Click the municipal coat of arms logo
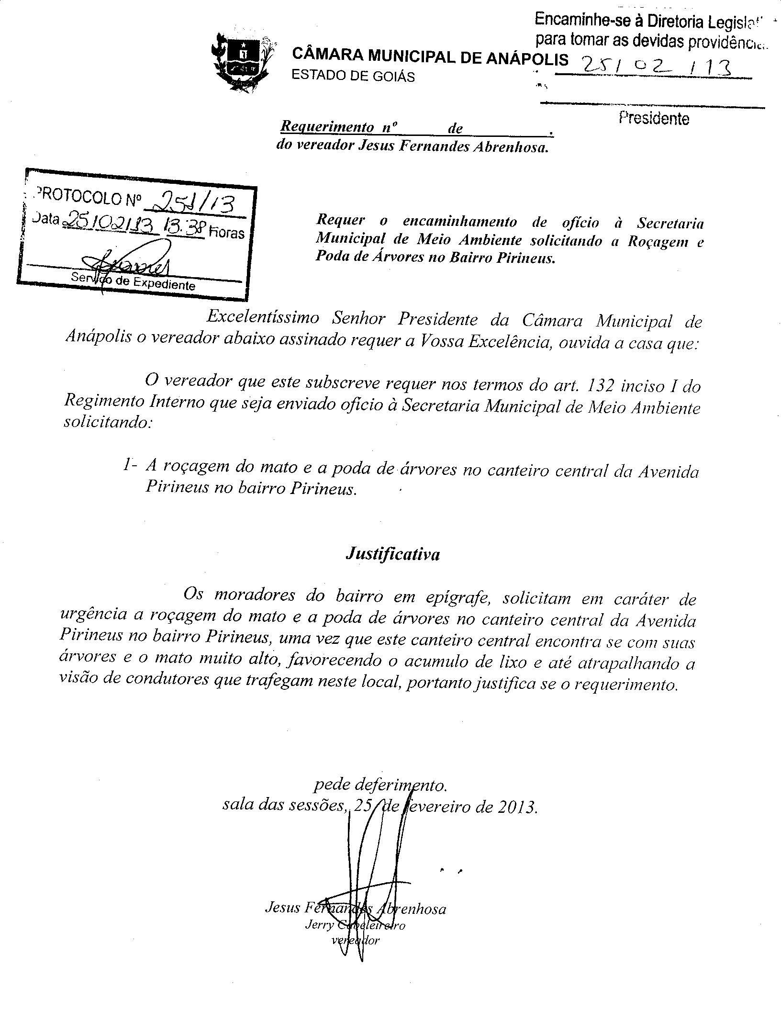[x=241, y=61]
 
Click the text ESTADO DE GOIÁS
[x=353, y=76]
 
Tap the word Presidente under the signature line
[x=654, y=118]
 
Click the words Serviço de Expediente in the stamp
[x=133, y=281]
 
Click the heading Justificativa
[x=392, y=554]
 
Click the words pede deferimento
[x=380, y=785]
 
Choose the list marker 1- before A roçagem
[x=130, y=465]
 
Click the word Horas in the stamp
[x=226, y=233]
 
